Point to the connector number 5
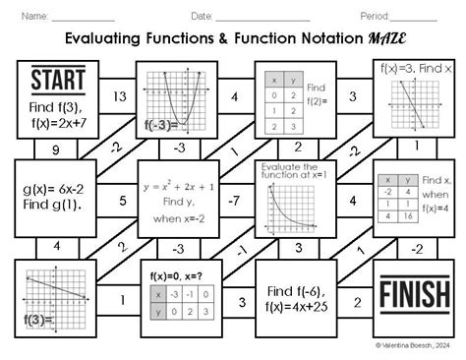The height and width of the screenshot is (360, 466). coord(121,201)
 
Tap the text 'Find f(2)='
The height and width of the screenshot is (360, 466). coord(319,95)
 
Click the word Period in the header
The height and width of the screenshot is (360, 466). coord(377,16)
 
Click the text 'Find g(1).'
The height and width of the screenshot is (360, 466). coord(55,208)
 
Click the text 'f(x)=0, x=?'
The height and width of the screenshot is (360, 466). coord(177,275)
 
